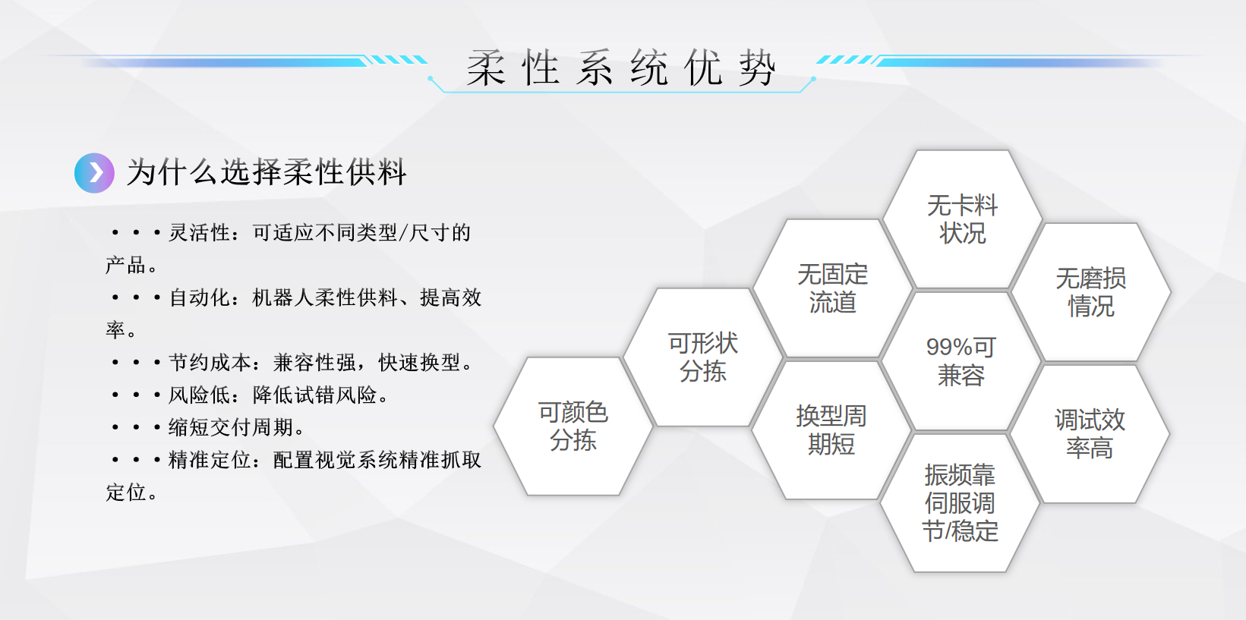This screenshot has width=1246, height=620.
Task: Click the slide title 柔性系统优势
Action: coord(621,68)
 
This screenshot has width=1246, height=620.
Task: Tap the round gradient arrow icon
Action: coord(95,173)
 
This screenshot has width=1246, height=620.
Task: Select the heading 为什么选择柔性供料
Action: coord(267,172)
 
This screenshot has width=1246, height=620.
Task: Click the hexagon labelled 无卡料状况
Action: coord(962,219)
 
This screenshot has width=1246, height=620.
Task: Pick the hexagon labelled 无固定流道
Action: coord(832,288)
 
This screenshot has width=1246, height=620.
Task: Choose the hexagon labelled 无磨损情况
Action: coord(1091,292)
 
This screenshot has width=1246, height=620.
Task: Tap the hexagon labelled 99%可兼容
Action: coord(961,361)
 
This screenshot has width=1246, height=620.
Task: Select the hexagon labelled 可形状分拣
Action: coord(702,357)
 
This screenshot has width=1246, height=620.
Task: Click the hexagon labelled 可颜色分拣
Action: coord(573,426)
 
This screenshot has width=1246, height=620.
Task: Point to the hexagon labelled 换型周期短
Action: coord(831,430)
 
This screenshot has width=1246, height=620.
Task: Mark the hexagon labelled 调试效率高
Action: coord(1090,434)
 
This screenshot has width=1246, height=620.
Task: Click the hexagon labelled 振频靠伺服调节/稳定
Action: coord(960,502)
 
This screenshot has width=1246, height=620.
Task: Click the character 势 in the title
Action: coord(758,68)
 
